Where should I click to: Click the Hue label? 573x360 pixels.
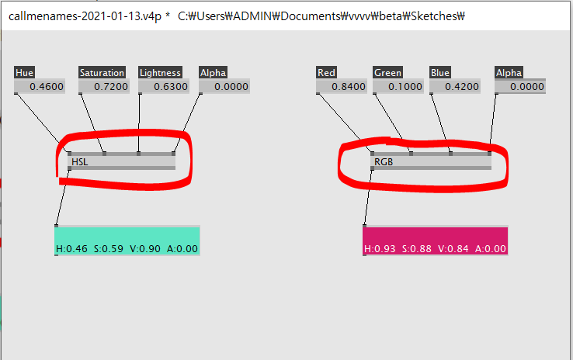coord(24,73)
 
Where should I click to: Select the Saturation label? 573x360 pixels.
coord(102,73)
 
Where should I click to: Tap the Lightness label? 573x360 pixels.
coord(160,73)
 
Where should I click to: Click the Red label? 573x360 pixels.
coord(326,73)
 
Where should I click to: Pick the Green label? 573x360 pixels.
coord(387,73)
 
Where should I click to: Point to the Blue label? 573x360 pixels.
coord(439,73)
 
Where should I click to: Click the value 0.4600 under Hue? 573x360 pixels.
coord(47,87)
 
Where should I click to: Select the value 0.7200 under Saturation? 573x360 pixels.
coord(110,87)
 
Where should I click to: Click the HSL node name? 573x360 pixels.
coord(79,162)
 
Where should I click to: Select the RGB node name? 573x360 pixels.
coord(383,162)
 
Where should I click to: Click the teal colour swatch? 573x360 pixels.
coord(127,235)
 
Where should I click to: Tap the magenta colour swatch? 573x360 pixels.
coord(435,235)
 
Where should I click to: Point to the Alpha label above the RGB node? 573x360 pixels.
coord(509,73)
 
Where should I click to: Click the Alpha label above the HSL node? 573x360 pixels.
coord(213,73)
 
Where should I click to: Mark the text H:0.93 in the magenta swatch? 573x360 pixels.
coord(379,249)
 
